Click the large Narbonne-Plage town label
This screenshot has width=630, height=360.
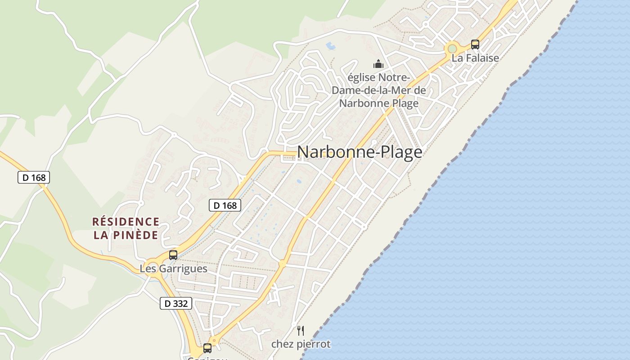coord(360,152)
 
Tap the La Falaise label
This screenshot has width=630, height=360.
coord(476,58)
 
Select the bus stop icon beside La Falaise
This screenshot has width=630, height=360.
coord(475,44)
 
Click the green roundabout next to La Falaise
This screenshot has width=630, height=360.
coord(452,49)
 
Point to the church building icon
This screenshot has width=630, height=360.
coord(378,64)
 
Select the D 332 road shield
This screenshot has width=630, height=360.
coord(176,303)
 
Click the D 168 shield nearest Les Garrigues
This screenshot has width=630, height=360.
coord(225,206)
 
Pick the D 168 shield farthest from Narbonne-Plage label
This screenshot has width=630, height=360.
coord(34,177)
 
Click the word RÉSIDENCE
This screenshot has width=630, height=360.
coord(126,222)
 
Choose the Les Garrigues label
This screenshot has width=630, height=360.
coord(173,269)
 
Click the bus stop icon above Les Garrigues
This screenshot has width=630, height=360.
coord(173,255)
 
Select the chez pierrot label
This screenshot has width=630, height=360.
coord(301,344)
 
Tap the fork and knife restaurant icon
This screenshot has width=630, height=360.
coord(301,331)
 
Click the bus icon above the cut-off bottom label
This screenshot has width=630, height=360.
coord(207,348)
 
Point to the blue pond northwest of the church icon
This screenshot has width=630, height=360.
coord(331,45)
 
